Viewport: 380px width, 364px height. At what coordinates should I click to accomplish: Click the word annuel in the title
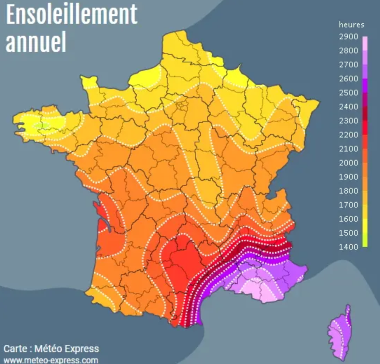coord(36,42)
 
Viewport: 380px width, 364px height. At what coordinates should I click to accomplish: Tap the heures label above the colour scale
coord(351,25)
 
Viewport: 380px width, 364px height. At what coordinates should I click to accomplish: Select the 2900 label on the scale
coord(348,37)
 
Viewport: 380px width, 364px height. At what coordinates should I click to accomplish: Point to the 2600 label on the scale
coord(348,79)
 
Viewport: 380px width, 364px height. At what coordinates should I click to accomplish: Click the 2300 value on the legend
coord(348,121)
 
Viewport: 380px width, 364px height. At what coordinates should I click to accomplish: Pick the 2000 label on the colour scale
coord(348,163)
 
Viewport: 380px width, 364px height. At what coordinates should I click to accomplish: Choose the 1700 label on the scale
coord(348,205)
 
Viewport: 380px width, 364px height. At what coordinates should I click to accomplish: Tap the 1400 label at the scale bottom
coord(348,247)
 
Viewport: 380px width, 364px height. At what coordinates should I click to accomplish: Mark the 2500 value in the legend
coord(348,93)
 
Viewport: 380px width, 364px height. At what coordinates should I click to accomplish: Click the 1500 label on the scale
coord(348,233)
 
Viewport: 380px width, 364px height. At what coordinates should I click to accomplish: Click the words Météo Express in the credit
coord(67,349)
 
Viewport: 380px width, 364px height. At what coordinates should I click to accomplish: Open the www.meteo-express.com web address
coord(51,360)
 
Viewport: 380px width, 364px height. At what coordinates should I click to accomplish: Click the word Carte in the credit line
coord(15,349)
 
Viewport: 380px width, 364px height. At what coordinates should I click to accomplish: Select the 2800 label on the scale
coord(348,51)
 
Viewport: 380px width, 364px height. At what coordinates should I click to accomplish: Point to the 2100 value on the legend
coord(348,149)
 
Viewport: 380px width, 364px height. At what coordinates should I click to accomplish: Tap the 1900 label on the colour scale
coord(348,177)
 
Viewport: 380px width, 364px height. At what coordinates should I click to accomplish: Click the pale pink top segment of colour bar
coord(365,44)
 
